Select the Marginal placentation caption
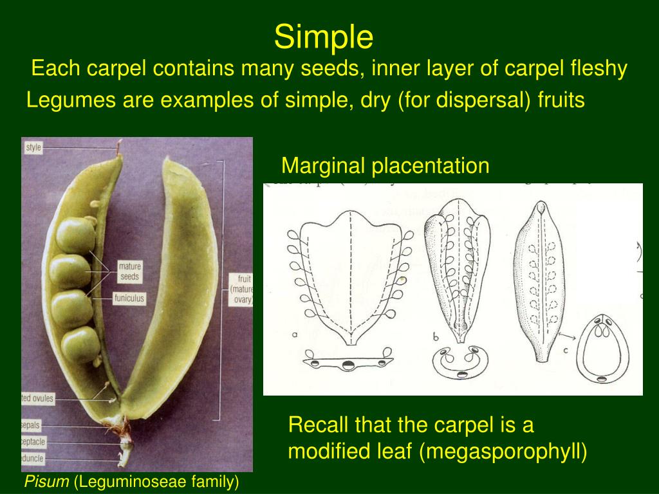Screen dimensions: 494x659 pyautogui.click(x=385, y=166)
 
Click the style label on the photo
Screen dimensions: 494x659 pyautogui.click(x=33, y=148)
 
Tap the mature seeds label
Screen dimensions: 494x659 pyautogui.click(x=129, y=271)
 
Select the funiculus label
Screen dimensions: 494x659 pyautogui.click(x=129, y=298)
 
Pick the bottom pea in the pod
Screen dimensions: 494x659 pyautogui.click(x=80, y=345)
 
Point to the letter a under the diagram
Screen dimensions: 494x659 pyautogui.click(x=295, y=334)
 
